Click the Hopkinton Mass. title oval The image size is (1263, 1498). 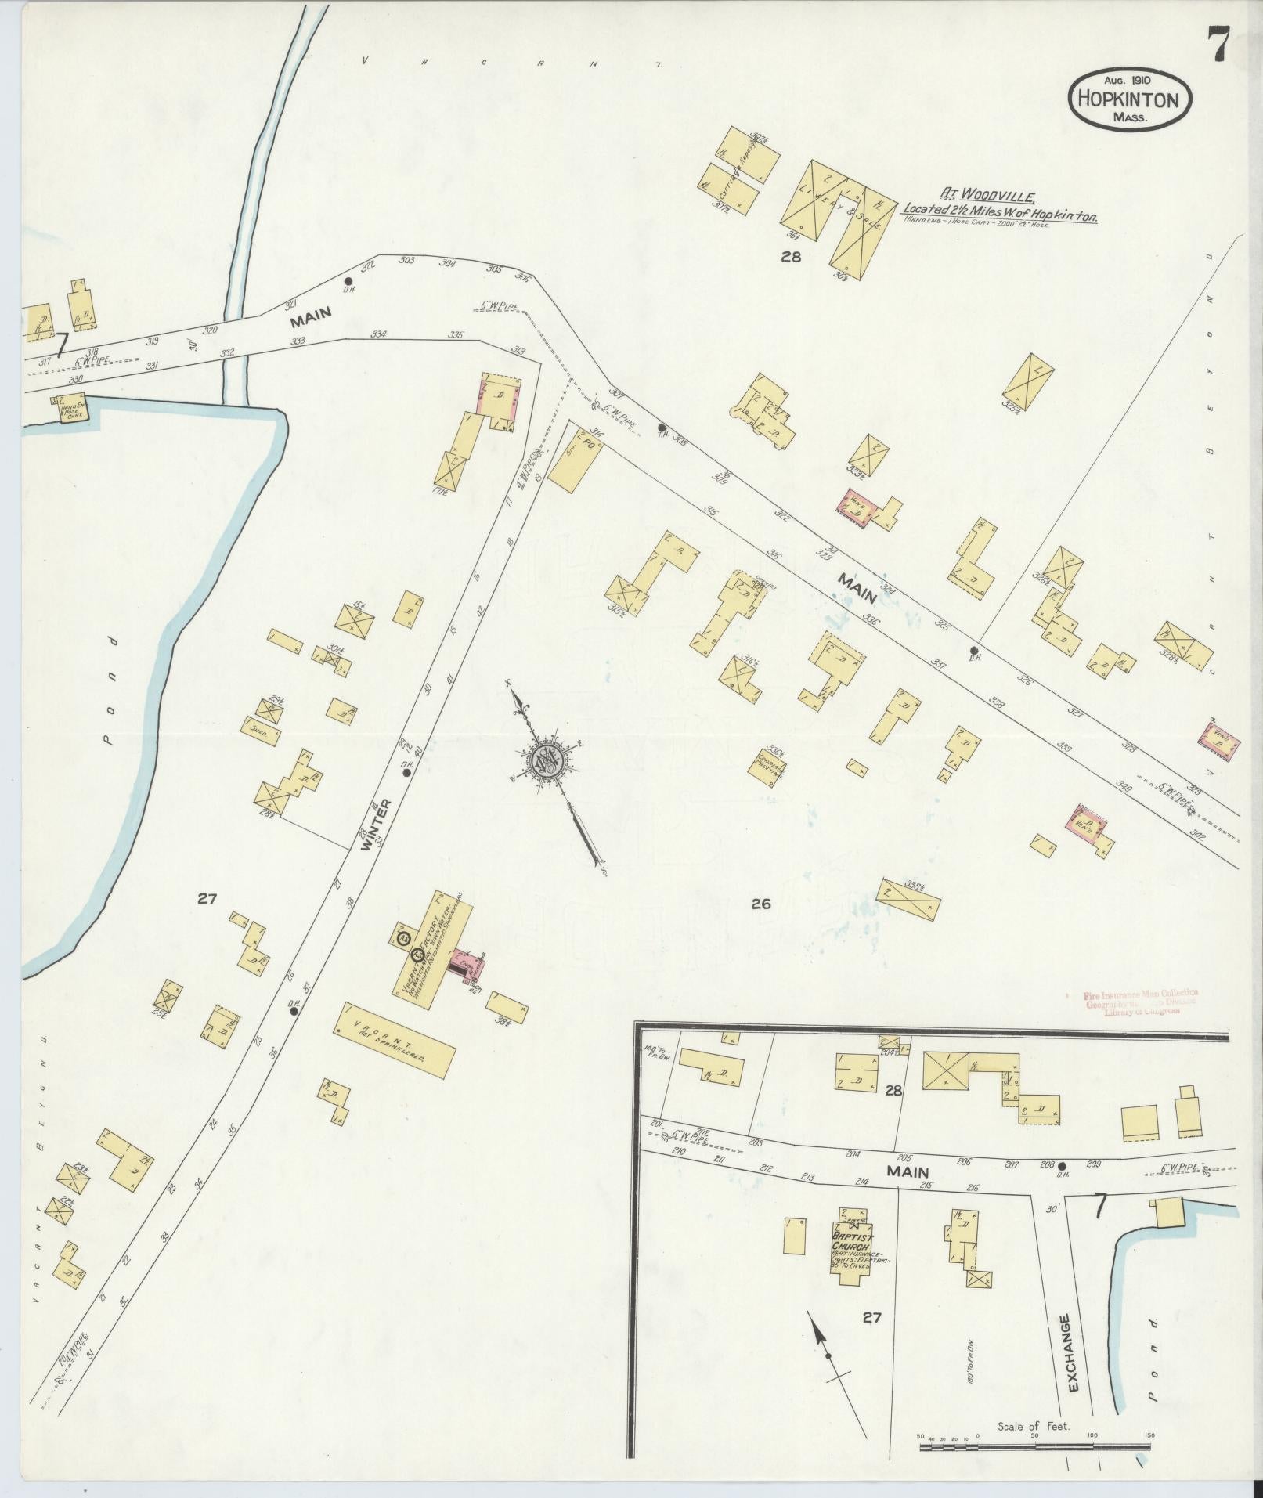point(1129,99)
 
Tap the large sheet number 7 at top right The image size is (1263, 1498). point(1217,44)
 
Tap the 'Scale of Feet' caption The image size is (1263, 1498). point(1033,1427)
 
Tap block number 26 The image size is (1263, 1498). point(760,904)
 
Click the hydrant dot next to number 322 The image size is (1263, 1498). point(348,280)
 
